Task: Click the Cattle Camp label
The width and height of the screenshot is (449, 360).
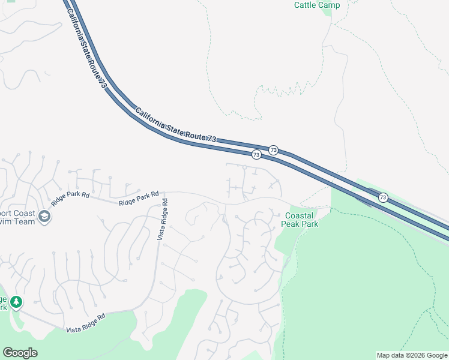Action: click(317, 5)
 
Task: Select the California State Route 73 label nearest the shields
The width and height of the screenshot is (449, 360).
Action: click(175, 125)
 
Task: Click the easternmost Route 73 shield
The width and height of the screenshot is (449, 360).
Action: click(383, 197)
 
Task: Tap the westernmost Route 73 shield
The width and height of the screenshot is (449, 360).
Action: click(256, 155)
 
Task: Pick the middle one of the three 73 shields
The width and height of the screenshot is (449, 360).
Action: click(274, 149)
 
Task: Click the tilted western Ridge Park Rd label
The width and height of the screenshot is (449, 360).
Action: click(70, 199)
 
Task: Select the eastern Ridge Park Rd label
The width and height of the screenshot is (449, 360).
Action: click(139, 199)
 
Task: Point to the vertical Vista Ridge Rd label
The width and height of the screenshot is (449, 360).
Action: click(163, 221)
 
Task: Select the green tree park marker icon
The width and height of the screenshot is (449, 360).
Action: click(17, 301)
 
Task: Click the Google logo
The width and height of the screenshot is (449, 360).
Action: click(20, 353)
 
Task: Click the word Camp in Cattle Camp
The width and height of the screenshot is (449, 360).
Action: click(330, 5)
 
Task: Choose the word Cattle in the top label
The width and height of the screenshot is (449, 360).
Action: click(306, 5)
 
